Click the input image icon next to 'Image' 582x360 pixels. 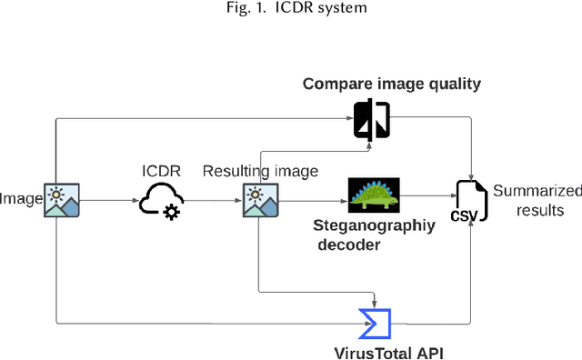click(x=62, y=199)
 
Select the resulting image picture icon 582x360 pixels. click(x=259, y=199)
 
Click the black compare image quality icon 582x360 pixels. click(x=371, y=119)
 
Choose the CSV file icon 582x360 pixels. click(x=471, y=201)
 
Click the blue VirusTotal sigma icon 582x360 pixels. click(x=374, y=322)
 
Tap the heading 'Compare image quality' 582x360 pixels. click(x=391, y=85)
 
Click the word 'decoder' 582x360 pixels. click(x=349, y=244)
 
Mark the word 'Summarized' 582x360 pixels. click(x=537, y=191)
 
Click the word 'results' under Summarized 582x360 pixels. click(x=540, y=210)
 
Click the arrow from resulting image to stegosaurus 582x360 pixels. click(x=311, y=199)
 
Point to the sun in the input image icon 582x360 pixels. click(x=56, y=193)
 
